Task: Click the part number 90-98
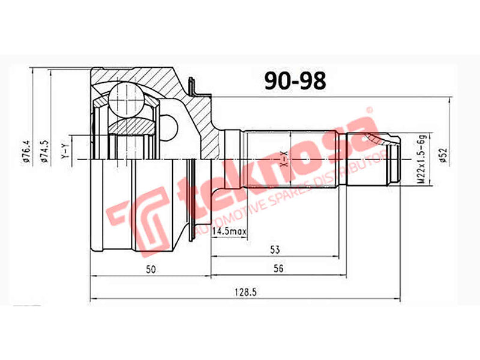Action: point(295,80)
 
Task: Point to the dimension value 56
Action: point(277,269)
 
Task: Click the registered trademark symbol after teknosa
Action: point(370,111)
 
